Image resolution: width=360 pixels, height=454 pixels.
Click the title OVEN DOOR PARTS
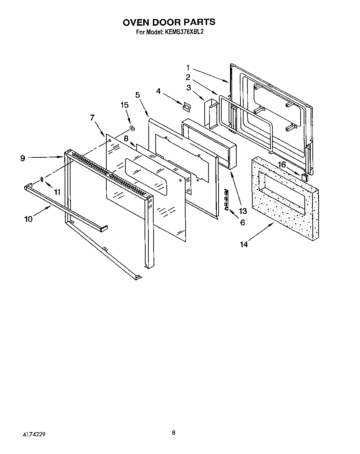click(169, 22)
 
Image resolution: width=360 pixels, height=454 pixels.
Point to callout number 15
click(124, 105)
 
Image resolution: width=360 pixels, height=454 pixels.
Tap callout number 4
click(158, 91)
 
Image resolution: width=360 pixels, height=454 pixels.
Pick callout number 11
click(57, 192)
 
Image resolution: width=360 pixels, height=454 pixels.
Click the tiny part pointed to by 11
click(42, 179)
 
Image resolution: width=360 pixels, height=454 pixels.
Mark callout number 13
click(243, 211)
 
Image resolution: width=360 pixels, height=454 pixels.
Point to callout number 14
click(244, 244)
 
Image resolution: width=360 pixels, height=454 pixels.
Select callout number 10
click(28, 219)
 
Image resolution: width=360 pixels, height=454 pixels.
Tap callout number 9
click(23, 158)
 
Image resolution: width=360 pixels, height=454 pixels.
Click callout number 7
click(92, 118)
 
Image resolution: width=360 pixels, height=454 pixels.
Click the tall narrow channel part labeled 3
click(210, 113)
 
